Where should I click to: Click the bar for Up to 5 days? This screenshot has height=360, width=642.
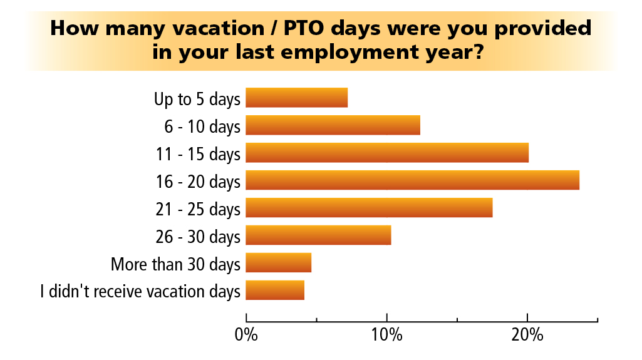click(x=296, y=98)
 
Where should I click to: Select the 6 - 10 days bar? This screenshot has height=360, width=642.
click(x=333, y=125)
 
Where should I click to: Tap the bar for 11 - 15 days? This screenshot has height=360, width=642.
click(x=387, y=153)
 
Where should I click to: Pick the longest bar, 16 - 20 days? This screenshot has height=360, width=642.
click(x=412, y=180)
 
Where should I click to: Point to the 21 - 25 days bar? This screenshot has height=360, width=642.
click(x=369, y=207)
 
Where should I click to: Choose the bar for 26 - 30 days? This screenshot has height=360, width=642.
click(x=318, y=235)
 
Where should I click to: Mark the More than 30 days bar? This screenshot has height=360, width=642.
click(x=279, y=262)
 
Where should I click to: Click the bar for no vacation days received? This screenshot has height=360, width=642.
click(x=275, y=290)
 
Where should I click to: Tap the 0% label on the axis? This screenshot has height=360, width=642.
click(x=246, y=334)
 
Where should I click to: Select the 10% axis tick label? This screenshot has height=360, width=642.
click(x=387, y=334)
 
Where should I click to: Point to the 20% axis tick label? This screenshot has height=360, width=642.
click(x=527, y=334)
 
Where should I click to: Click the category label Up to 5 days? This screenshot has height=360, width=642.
click(x=197, y=99)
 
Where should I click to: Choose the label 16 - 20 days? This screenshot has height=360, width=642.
click(x=198, y=182)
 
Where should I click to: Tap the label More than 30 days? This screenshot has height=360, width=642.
click(x=175, y=264)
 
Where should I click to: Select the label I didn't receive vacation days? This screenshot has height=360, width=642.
click(x=140, y=292)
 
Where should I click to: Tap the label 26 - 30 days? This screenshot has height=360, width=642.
click(x=198, y=237)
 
